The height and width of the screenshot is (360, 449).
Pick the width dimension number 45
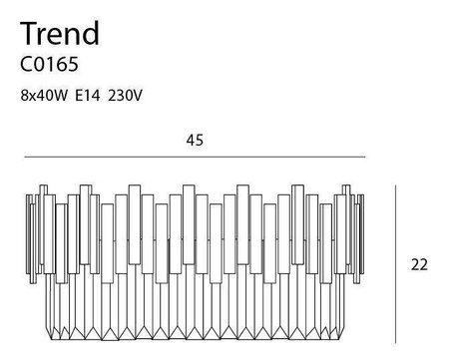click(x=195, y=141)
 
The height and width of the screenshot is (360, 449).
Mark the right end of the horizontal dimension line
click(x=366, y=157)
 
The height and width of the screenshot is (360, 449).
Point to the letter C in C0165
click(x=25, y=67)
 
